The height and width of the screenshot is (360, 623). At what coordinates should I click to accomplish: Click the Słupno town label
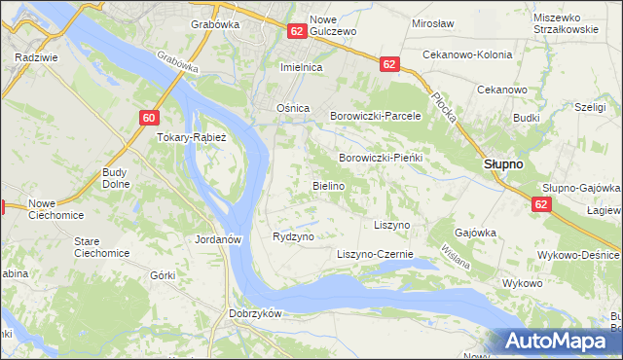tap(503, 164)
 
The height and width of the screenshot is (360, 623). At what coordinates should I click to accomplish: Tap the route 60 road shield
tap(147, 118)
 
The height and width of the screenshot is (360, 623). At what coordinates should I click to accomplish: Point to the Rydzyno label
tap(293, 237)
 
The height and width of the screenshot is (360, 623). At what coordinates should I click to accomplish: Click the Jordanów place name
tap(217, 237)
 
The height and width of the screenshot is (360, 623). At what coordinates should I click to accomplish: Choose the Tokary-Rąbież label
tap(192, 137)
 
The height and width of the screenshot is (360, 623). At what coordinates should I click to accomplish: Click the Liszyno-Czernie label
tap(375, 255)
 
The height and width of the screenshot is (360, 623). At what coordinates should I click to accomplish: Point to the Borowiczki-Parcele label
tap(375, 116)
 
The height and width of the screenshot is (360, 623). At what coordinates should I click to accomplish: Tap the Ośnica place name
tap(293, 108)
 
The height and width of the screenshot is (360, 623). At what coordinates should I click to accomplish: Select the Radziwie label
tap(33, 57)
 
